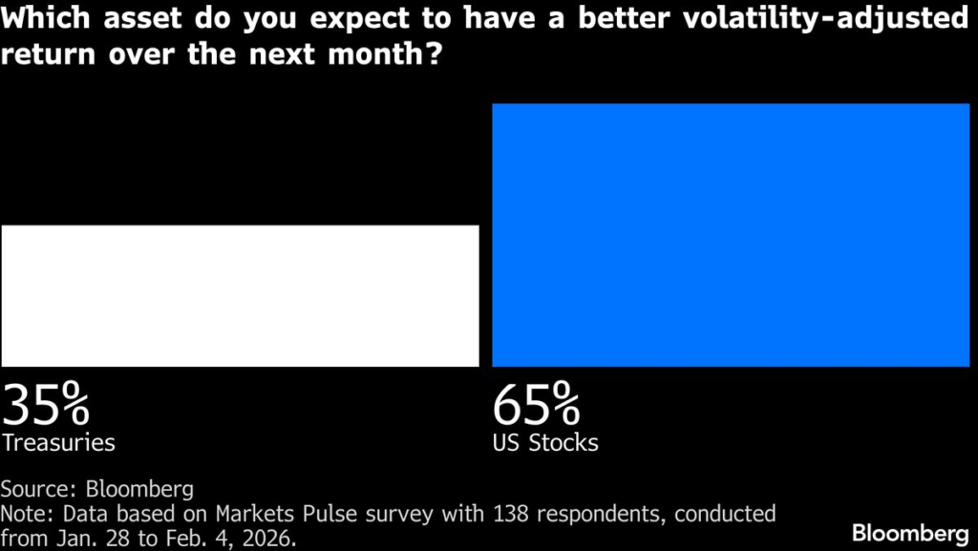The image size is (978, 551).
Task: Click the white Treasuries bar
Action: (x=239, y=295)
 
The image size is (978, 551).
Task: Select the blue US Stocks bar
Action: (x=731, y=235)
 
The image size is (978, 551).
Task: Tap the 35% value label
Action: (x=46, y=405)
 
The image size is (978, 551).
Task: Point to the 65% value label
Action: (x=536, y=405)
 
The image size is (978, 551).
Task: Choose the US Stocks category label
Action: (x=544, y=443)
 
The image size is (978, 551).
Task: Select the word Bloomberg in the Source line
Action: (x=140, y=490)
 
